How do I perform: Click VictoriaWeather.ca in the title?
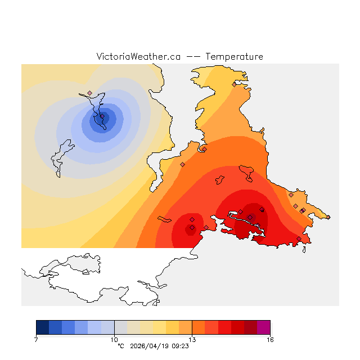tap(138, 57)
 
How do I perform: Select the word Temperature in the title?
tap(234, 57)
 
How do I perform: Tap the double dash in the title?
tap(192, 57)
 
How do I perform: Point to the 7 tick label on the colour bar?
tap(36, 339)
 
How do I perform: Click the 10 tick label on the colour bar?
tap(114, 339)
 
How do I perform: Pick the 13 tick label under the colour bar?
tap(192, 339)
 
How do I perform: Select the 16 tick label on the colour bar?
tap(270, 339)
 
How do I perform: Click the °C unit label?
tap(120, 346)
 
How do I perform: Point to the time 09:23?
tap(180, 346)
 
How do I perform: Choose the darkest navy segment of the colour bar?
tap(42, 327)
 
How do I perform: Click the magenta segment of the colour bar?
tap(263, 327)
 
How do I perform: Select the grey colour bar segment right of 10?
tap(120, 327)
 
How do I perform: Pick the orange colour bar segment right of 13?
tap(199, 327)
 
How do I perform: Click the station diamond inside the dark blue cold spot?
tap(102, 117)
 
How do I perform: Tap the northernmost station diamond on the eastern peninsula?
tap(235, 84)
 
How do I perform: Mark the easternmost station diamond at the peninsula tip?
tap(328, 217)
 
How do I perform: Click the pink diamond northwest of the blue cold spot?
tap(89, 93)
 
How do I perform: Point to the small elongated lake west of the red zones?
tap(164, 219)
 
